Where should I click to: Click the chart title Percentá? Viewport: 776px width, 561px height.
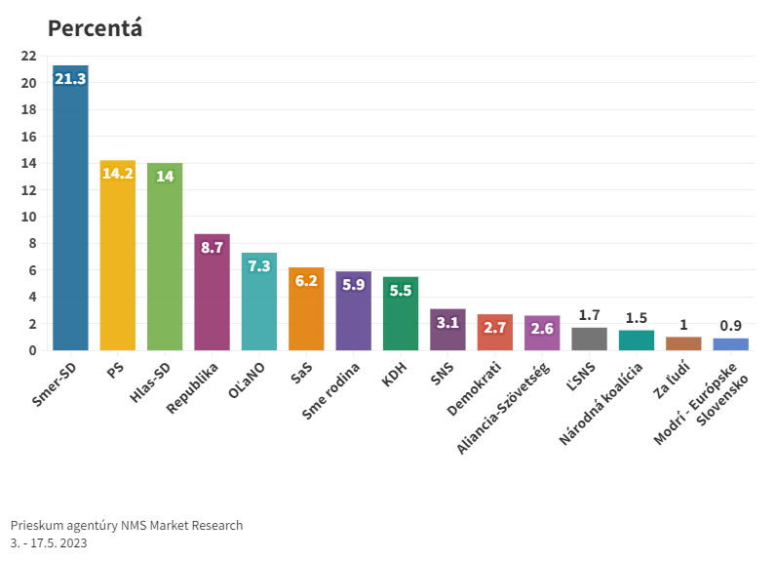point(96,28)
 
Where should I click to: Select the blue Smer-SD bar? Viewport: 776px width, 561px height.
point(70,215)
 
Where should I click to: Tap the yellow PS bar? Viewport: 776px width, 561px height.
point(118,259)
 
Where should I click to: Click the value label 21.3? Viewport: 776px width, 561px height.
point(70,79)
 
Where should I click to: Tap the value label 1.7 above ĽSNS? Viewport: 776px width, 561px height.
point(589,315)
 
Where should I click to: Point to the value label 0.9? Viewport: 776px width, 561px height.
point(730,326)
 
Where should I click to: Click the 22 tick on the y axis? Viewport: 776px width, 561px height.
point(29,56)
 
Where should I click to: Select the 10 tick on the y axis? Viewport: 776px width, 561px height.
point(29,217)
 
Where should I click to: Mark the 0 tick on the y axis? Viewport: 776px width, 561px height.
point(33,350)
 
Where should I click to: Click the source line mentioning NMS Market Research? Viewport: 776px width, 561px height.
point(127,525)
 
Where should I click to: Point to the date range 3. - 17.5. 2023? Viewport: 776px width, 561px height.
point(49,542)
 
